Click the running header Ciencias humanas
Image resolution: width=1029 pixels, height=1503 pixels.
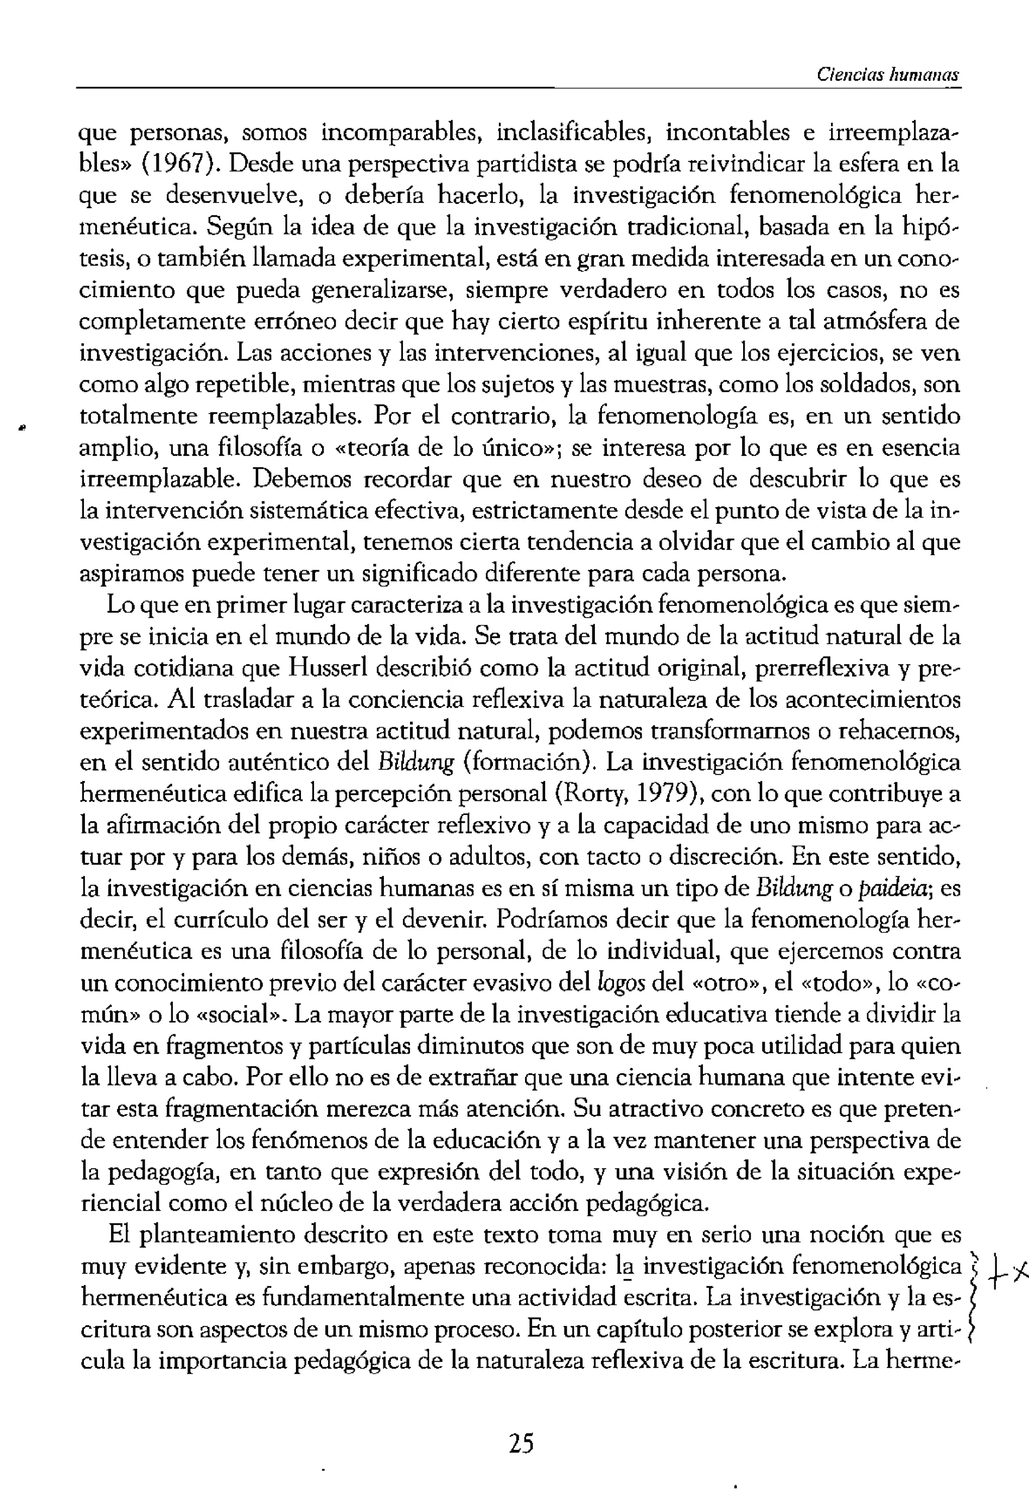[x=887, y=74]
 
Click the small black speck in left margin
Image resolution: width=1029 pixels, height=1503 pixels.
[x=21, y=428]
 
